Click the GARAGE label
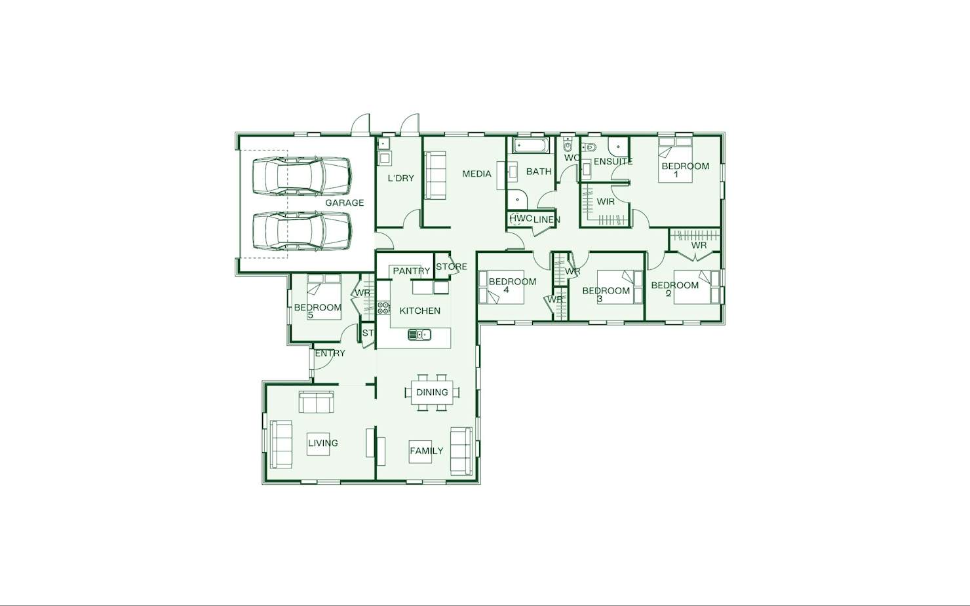click(x=344, y=202)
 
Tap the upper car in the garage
click(x=302, y=176)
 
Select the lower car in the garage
click(x=302, y=231)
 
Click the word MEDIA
click(x=476, y=174)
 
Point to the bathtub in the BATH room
click(x=531, y=145)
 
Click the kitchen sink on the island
click(x=419, y=335)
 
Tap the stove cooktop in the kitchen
click(x=383, y=308)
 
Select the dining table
click(x=432, y=392)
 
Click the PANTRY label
click(x=412, y=271)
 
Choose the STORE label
click(x=451, y=267)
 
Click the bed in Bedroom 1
click(x=675, y=160)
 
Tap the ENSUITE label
click(x=613, y=161)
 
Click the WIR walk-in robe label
click(x=606, y=202)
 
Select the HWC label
click(x=520, y=219)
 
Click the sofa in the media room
click(x=435, y=176)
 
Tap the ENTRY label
click(x=330, y=353)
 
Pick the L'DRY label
click(x=401, y=178)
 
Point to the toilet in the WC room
click(x=568, y=144)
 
